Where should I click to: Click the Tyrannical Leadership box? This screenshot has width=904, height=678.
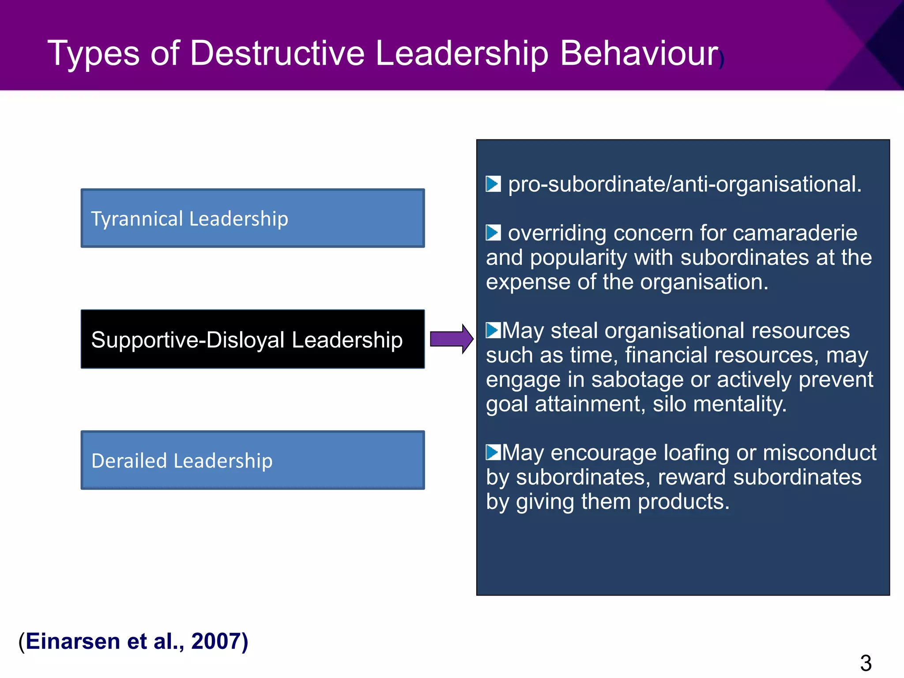[252, 218]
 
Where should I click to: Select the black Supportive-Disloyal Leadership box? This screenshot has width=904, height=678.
[252, 339]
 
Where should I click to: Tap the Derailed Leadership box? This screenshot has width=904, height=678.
[252, 460]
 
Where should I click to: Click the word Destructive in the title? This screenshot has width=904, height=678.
[277, 53]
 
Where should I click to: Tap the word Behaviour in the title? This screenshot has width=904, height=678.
[639, 53]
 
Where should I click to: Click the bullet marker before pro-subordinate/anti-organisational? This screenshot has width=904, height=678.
[493, 184]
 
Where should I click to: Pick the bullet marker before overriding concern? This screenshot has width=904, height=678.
[493, 233]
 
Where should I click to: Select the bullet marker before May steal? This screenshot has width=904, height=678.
[493, 330]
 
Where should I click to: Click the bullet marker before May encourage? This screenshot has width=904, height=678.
[493, 452]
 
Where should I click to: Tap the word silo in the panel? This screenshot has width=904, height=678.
[669, 404]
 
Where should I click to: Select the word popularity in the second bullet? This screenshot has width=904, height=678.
[578, 257]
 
